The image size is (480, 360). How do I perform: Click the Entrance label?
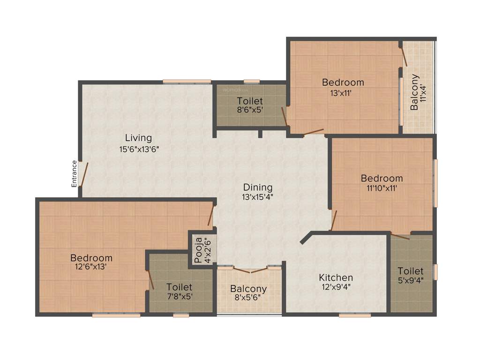(x=74, y=174)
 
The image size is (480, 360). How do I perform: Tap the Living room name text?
(x=138, y=138)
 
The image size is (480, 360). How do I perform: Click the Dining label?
(x=257, y=187)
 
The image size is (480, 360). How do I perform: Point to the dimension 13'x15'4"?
(x=257, y=197)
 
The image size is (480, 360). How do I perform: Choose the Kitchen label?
(x=336, y=277)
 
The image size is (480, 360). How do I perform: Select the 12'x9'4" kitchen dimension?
(x=336, y=287)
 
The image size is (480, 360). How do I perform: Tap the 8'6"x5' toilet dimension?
(x=249, y=111)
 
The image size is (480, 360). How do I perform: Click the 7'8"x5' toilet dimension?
(x=179, y=296)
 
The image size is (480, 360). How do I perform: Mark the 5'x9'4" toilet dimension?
(x=411, y=281)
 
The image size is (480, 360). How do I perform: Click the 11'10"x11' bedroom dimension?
(x=382, y=188)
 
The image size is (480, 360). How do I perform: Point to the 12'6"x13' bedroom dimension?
(x=91, y=268)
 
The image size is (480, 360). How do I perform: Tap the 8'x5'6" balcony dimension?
(x=248, y=298)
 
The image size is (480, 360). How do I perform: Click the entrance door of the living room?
(x=83, y=174)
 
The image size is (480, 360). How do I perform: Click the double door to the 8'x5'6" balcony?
(x=250, y=270)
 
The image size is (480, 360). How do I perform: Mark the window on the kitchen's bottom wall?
(x=354, y=315)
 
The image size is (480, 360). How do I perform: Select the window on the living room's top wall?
(x=187, y=82)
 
